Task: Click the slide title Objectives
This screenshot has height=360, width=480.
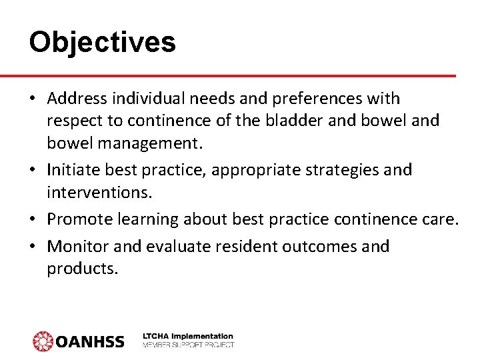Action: [x=102, y=43]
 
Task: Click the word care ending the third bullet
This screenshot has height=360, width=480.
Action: [x=441, y=219]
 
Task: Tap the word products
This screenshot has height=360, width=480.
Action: [x=82, y=269]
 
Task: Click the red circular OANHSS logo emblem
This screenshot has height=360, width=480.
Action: [x=43, y=341]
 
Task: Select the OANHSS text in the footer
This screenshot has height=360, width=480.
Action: [x=89, y=342]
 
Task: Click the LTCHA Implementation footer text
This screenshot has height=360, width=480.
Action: [x=188, y=336]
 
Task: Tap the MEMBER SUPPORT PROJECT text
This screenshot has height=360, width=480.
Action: [x=188, y=345]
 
